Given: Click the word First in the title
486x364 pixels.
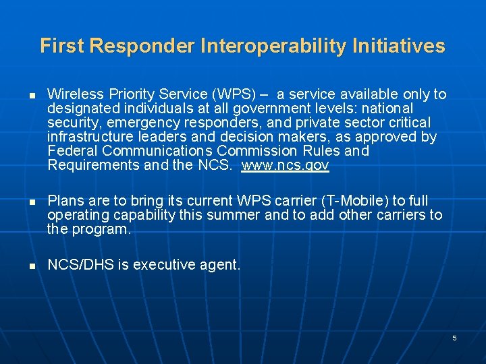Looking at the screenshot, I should pyautogui.click(x=62, y=46).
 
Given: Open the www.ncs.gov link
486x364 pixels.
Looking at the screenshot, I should pyautogui.click(x=285, y=166).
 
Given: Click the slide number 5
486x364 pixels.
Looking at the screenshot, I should pyautogui.click(x=454, y=338).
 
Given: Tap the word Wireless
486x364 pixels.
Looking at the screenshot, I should pyautogui.click(x=75, y=94).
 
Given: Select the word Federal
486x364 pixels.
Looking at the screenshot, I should pyautogui.click(x=72, y=151).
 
